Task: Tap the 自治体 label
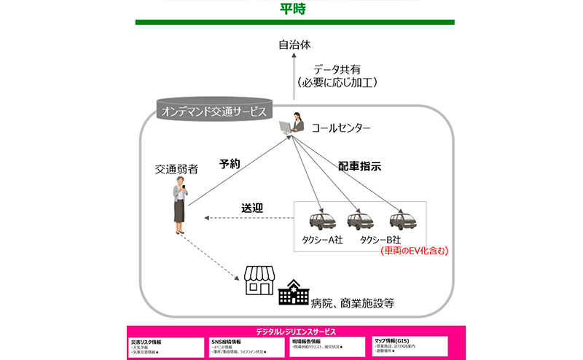pyautogui.click(x=294, y=44)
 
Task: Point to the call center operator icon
pyautogui.click(x=295, y=124)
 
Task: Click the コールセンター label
pyautogui.click(x=341, y=129)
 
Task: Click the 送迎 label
pyautogui.click(x=251, y=208)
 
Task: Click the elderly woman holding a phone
pyautogui.click(x=179, y=207)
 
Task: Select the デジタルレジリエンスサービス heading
pyautogui.click(x=291, y=331)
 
